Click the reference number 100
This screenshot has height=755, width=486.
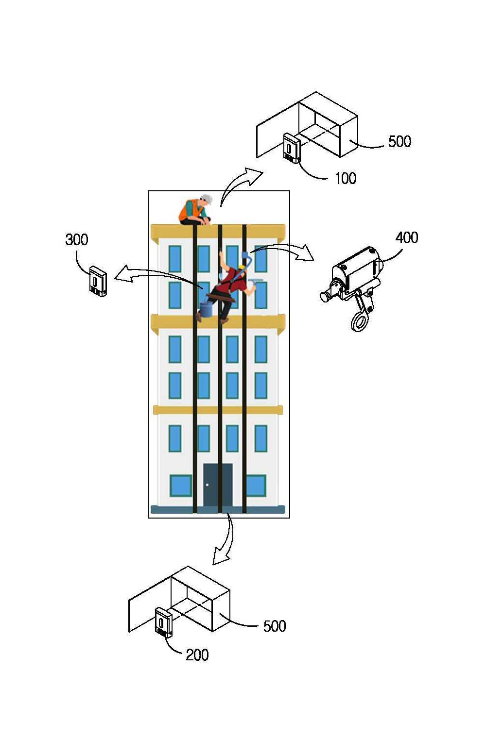[x=346, y=178]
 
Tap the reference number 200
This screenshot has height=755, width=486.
[x=197, y=655]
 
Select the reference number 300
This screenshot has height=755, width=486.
[x=77, y=240]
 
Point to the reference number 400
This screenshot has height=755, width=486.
[x=407, y=237]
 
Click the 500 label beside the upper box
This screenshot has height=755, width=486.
[x=399, y=141]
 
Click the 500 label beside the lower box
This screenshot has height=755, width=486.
[x=275, y=626]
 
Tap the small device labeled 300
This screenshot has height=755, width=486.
[x=98, y=282]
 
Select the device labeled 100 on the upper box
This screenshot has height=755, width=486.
[x=292, y=148]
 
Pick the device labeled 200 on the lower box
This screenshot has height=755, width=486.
[x=164, y=622]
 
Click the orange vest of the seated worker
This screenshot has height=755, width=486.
[x=189, y=209]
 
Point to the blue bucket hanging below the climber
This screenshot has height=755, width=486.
[x=206, y=309]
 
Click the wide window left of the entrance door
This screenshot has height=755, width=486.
[x=180, y=486]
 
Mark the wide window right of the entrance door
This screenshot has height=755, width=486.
[x=256, y=486]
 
